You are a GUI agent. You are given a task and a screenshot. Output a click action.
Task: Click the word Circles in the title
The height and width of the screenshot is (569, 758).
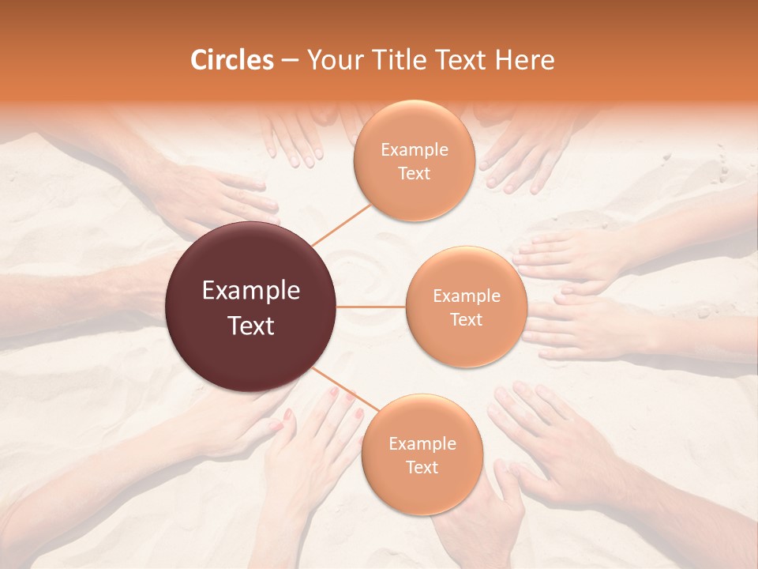tap(231, 60)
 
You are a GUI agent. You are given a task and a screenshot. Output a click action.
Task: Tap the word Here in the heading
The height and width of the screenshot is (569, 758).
tap(524, 60)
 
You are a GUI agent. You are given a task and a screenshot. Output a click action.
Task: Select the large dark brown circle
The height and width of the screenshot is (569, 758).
tap(251, 307)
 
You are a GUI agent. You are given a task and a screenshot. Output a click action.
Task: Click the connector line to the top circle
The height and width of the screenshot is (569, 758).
tap(341, 224)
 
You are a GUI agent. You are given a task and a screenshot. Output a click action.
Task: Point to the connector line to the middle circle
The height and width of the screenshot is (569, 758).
tap(371, 307)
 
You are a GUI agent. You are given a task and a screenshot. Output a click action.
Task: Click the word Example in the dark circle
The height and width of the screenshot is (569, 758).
tap(251, 291)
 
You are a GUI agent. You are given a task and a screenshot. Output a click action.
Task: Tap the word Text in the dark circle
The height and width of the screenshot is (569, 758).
tap(251, 326)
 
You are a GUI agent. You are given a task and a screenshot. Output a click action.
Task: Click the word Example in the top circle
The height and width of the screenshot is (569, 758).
tap(414, 150)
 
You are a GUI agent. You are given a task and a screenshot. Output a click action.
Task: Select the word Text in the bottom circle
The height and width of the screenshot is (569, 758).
tap(422, 467)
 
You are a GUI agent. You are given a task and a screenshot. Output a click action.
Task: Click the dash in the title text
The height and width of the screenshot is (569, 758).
tap(290, 61)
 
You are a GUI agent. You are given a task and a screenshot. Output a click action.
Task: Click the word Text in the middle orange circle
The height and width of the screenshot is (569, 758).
tap(466, 319)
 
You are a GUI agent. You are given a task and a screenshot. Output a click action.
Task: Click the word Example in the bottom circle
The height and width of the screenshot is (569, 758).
tap(422, 443)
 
